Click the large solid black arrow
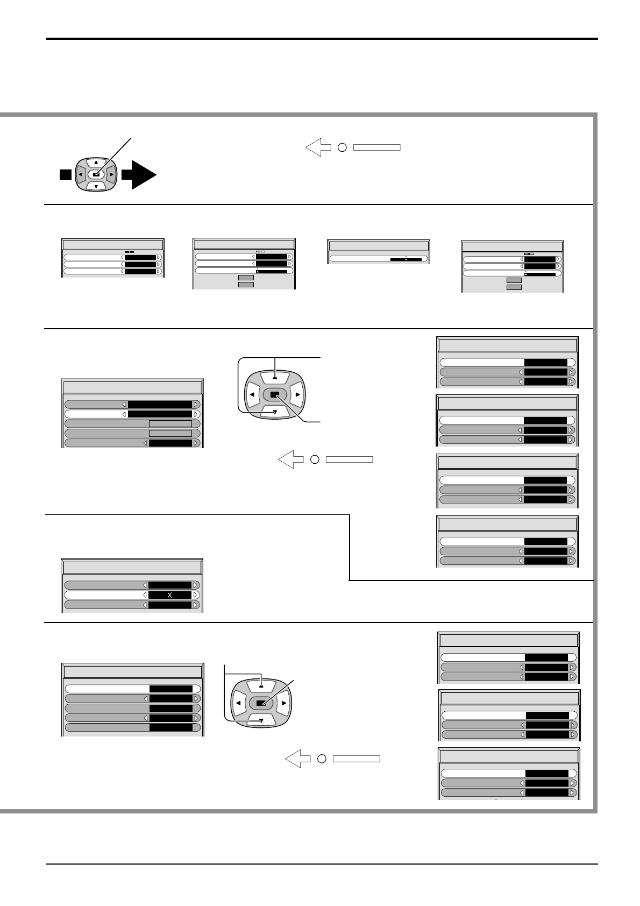click(x=140, y=175)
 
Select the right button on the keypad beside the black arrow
click(x=111, y=174)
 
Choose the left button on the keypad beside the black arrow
click(x=80, y=174)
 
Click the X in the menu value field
click(x=170, y=595)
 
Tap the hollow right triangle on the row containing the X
click(x=195, y=595)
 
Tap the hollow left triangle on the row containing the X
click(x=145, y=595)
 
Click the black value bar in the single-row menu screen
click(x=406, y=259)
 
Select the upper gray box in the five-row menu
click(x=170, y=424)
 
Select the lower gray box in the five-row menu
click(x=170, y=434)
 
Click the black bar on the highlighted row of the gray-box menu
click(x=160, y=414)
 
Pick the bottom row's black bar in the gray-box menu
click(x=170, y=443)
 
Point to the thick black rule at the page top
click(x=322, y=39)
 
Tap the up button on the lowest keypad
click(x=261, y=686)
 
